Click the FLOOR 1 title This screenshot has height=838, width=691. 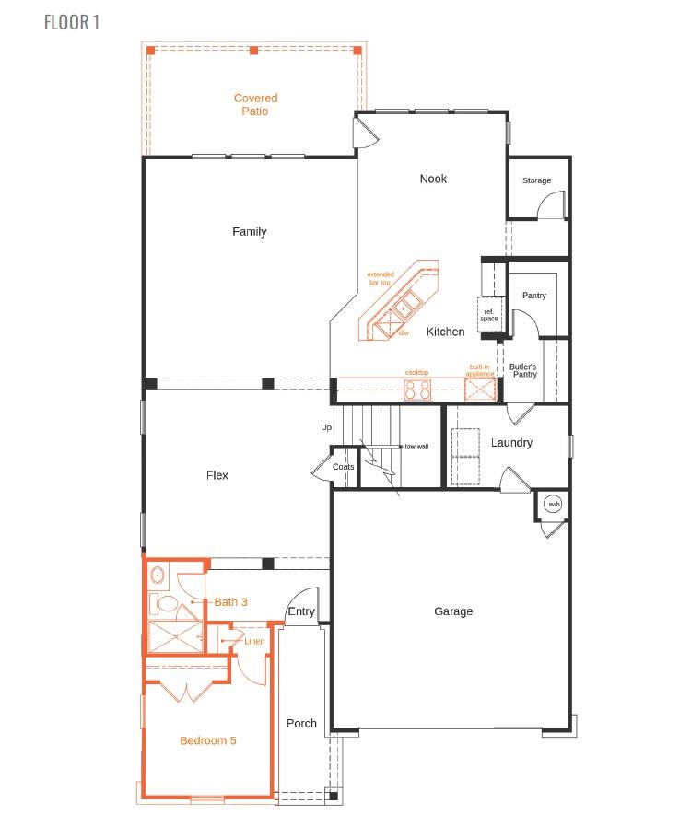coord(72,22)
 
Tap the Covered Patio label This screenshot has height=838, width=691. coord(255,105)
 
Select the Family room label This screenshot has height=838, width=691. coord(249,232)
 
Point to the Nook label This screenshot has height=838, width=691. coord(433,179)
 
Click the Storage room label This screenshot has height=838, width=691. coord(536,180)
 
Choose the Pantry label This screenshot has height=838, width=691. coord(534,296)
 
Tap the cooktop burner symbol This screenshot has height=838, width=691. coord(417,390)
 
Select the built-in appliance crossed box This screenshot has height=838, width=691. coord(479,390)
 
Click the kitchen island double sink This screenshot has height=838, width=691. coord(406,303)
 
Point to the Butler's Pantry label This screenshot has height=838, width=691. coord(523,370)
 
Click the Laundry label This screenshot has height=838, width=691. coord(511,443)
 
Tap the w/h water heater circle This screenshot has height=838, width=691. coord(554,505)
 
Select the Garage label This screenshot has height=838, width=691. coord(453,611)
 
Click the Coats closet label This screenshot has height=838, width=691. coord(344,467)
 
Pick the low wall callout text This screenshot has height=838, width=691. coord(416,447)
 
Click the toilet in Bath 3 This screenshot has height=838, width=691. coord(168,604)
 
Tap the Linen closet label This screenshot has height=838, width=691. coord(254,641)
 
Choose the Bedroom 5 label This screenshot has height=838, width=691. coord(208,740)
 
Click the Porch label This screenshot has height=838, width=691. coord(301,724)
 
